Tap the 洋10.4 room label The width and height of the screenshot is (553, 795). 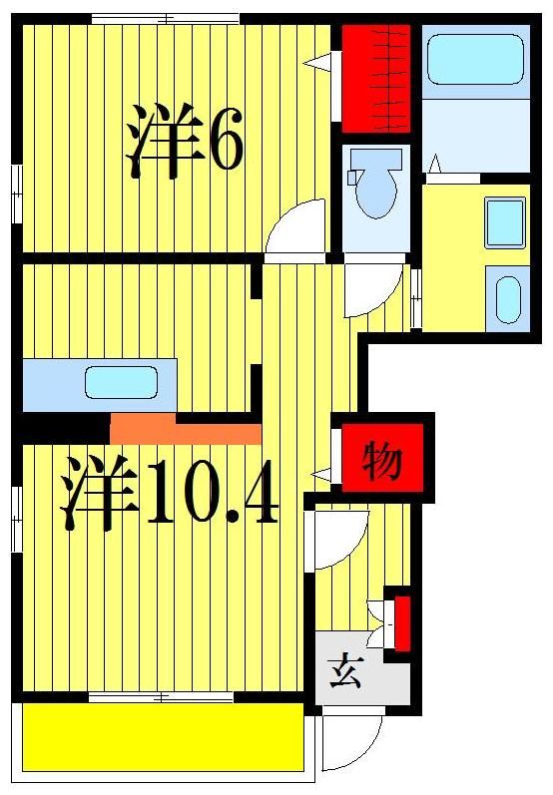pos(170,492)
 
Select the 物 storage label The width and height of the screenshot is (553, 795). pos(382,461)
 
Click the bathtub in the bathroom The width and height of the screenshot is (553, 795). pos(475,61)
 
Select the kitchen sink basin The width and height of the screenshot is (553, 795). pos(121,383)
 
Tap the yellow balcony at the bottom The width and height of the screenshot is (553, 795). pos(163,736)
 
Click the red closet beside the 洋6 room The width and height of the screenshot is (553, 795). pos(376,78)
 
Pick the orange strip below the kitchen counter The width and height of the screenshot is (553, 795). pos(186,430)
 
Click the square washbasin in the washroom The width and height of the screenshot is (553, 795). pos(504,221)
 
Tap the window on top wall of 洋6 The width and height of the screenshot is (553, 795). pos(165,18)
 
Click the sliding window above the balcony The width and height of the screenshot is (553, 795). pos(163,696)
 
